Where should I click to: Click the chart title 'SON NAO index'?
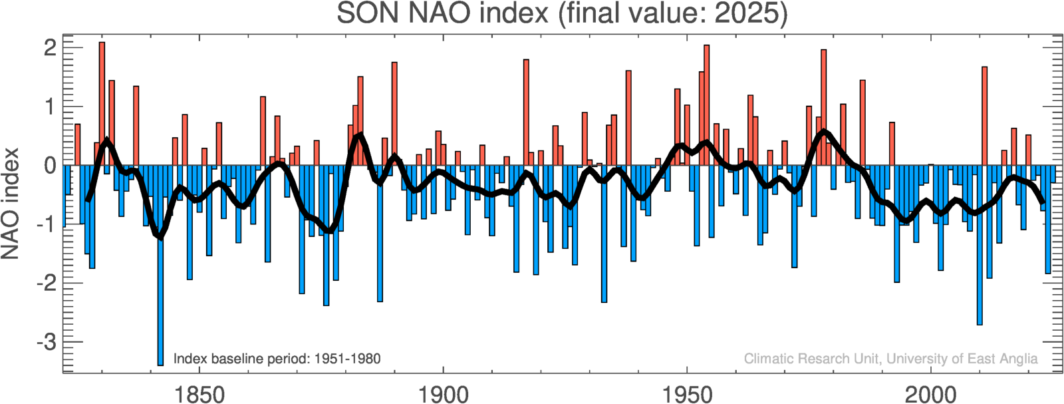coord(442,13)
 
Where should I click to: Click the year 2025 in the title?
coord(746,13)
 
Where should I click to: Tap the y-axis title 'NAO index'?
coord(11,203)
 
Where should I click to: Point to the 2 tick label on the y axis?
coord(50,48)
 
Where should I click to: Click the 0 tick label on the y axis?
coord(50,165)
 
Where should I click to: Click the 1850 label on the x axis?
coord(199,394)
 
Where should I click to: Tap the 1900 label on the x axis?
coord(443,394)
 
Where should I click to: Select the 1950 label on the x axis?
coord(687,394)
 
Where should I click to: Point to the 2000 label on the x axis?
coord(931,394)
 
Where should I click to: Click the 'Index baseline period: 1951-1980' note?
coord(277,359)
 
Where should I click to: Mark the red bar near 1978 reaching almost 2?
coord(823,107)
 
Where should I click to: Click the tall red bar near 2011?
coord(984,116)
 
